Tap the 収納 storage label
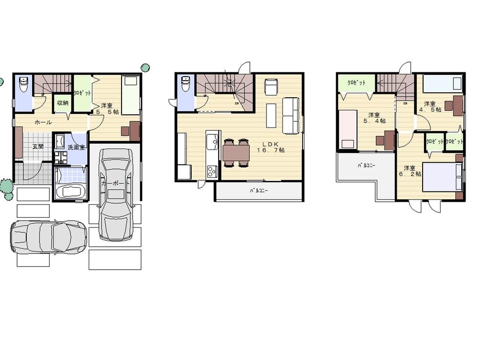[x=62, y=103]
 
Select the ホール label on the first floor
[x=43, y=122]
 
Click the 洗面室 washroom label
[x=76, y=147]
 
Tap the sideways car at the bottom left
[x=48, y=236]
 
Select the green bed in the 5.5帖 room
[x=131, y=95]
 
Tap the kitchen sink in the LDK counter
[x=212, y=143]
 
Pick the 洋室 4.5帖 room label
[x=432, y=106]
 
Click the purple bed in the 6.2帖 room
[x=442, y=176]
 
